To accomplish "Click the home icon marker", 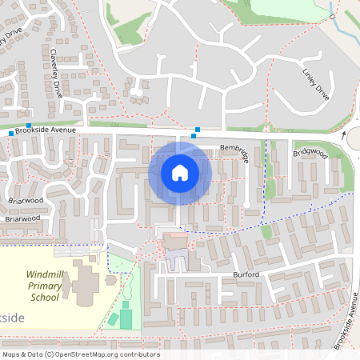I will [179, 172].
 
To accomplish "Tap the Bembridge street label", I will [234, 148].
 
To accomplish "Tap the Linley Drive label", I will [317, 86].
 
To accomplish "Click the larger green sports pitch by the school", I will [126, 318].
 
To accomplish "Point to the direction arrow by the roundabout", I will [344, 135].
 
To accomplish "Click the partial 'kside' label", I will [13, 318].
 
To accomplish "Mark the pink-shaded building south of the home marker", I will [176, 242].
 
